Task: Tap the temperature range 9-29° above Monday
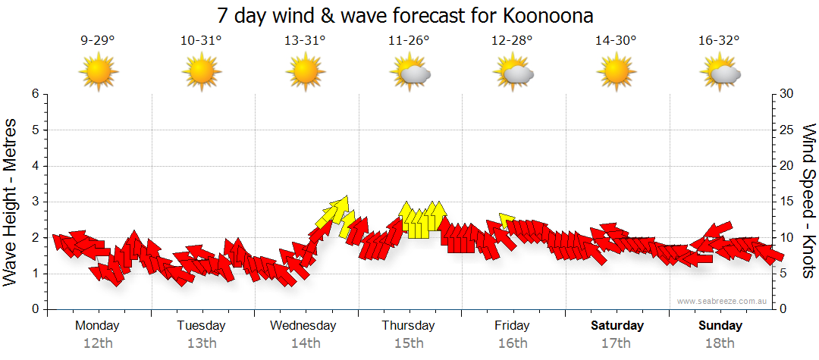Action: pos(98,40)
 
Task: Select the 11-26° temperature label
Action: pos(409,40)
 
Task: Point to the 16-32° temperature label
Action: pos(720,40)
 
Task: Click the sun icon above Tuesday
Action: pos(202,73)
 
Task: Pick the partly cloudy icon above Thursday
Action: pos(410,73)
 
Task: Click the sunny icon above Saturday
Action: pos(617,73)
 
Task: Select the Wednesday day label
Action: pos(303,325)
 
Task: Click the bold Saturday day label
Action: pos(617,325)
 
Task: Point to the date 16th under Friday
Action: pos(513,343)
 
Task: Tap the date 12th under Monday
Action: pos(98,343)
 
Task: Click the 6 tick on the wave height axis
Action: pos(34,94)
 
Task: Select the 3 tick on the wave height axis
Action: pos(34,202)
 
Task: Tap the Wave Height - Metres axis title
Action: pos(11,202)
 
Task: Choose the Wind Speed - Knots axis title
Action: pos(808,202)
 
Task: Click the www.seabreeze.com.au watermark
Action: pos(723,301)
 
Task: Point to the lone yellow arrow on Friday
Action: pos(507,221)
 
